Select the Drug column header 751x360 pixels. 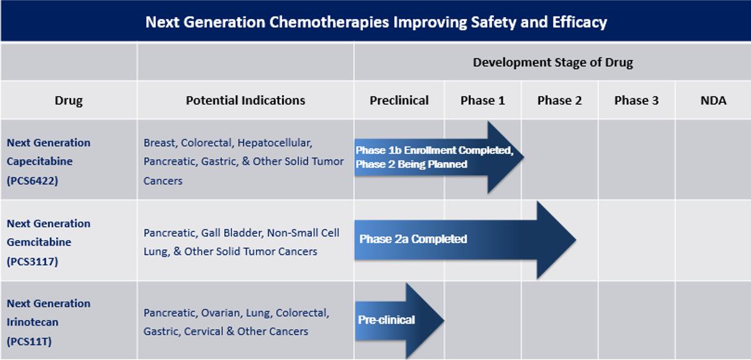pos(68,100)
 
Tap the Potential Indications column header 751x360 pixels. pos(245,100)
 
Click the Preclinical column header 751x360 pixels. pos(399,100)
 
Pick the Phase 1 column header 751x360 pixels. pos(483,100)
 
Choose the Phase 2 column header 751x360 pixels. pos(559,100)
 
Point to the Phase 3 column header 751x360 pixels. pos(637,100)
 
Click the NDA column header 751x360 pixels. pos(713,100)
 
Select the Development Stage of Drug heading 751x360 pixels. pos(553,62)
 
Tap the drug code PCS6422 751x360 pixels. pos(32,182)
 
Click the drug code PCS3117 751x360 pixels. pos(32,262)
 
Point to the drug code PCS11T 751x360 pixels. pos(29,342)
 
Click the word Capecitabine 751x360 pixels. pos(40,162)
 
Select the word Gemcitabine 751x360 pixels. pos(39,242)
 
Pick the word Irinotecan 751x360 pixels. pos(33,322)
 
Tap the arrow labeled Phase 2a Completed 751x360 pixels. pos(465,240)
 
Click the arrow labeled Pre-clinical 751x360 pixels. pos(399,320)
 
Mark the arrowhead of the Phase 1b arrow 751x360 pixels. pos(506,157)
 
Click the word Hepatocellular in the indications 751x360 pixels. pos(275,143)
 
